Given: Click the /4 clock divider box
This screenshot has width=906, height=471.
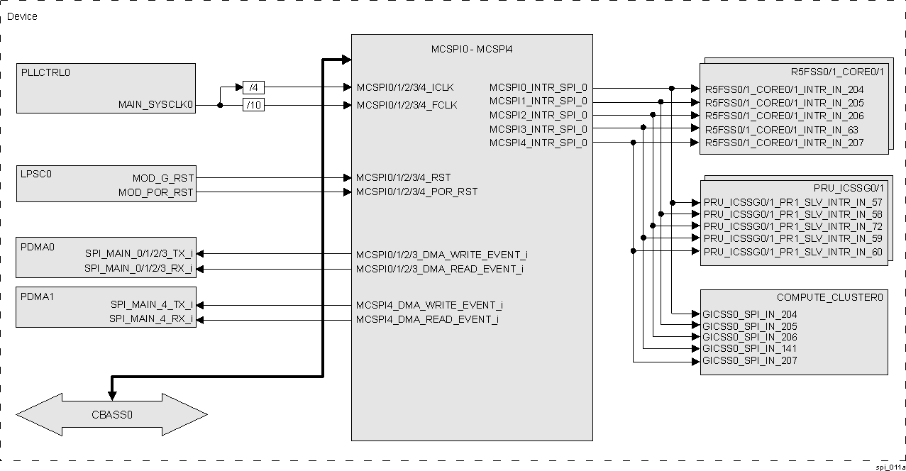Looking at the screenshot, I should point(253,88).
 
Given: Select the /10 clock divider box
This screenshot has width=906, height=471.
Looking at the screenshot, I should point(253,106).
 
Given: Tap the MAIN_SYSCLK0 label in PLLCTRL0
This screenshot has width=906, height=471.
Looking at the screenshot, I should point(156,105).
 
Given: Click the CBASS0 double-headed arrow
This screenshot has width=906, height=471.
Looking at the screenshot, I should point(111,414).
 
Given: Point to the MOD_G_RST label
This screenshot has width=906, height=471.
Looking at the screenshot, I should point(163,178).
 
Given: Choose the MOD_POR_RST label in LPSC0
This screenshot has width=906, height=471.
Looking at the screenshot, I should point(156,192).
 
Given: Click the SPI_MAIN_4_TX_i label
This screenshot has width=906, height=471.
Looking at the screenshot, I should point(151,305).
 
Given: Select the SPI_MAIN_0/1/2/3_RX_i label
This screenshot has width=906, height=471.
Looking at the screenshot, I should point(138,269).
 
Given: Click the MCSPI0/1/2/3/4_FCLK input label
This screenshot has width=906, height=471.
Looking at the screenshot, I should point(407,105).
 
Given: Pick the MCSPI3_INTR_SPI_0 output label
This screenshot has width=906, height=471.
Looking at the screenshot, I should point(538,129).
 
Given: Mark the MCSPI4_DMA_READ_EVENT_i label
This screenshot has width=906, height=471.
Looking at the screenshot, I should point(427,319).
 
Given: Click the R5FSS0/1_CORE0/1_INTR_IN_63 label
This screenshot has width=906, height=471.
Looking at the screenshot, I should point(781,130).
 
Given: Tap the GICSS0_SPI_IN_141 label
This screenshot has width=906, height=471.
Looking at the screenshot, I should point(749,348).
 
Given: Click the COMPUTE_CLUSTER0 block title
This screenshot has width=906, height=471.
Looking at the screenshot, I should point(829,297).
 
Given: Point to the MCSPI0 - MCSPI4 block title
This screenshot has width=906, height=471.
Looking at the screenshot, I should point(472,50).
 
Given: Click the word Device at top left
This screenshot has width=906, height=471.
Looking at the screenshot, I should point(22,16).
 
